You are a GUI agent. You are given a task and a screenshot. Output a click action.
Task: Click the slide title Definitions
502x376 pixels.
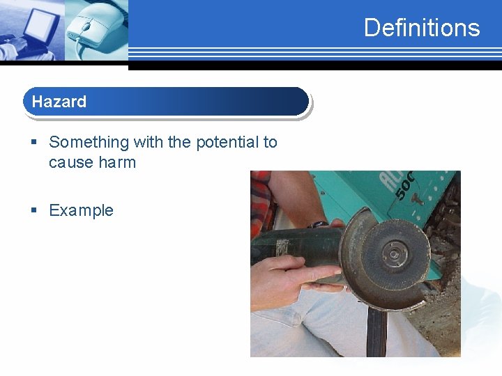(x=421, y=28)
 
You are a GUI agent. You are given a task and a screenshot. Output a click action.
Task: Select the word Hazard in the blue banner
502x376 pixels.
(x=59, y=102)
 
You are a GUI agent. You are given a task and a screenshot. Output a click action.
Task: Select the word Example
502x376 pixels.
(x=81, y=210)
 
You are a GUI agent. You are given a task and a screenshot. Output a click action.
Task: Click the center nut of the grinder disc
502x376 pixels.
(x=394, y=255)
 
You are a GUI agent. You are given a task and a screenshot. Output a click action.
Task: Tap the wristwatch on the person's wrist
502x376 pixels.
(x=319, y=224)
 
